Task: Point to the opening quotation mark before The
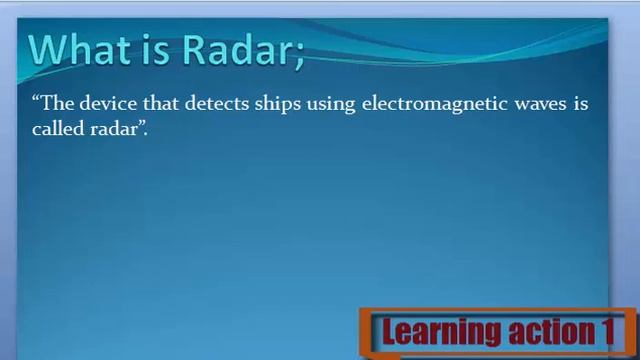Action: coord(36,100)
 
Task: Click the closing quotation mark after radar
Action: coord(140,126)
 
